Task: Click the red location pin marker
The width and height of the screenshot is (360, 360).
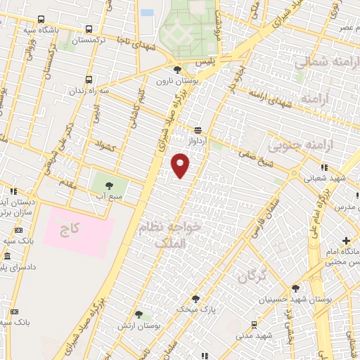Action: tap(181, 166)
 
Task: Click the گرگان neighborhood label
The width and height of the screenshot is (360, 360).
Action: tap(250, 276)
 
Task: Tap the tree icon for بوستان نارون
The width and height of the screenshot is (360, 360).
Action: tap(177, 70)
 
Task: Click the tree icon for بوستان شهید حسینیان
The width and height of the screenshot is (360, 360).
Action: tap(295, 288)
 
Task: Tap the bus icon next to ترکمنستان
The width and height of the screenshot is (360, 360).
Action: tap(89, 30)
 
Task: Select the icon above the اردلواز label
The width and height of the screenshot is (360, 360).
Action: tap(198, 129)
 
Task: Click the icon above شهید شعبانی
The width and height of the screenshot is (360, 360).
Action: tap(323, 167)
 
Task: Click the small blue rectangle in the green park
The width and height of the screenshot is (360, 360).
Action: tap(147, 13)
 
